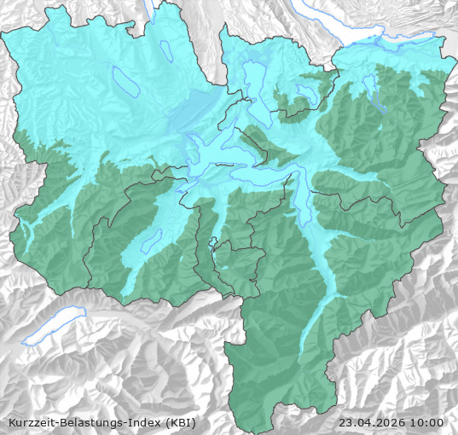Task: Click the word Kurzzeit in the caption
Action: pos(32,422)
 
